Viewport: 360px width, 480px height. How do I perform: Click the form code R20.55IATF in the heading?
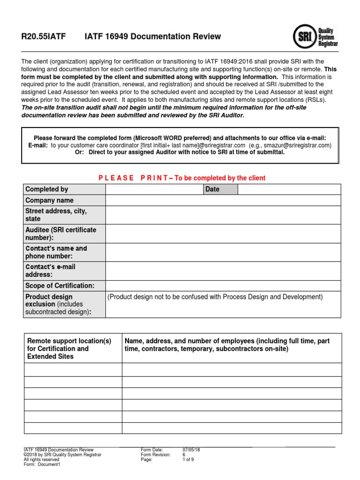(x=44, y=37)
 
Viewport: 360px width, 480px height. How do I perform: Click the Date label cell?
(x=220, y=189)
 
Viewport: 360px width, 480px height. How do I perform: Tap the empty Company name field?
(x=223, y=201)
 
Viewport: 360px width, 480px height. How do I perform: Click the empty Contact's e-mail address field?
(x=223, y=270)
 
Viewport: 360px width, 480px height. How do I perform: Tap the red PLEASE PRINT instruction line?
(x=182, y=178)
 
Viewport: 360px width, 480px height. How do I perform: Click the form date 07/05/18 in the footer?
(x=191, y=450)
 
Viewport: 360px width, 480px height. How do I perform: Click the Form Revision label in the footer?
(x=156, y=455)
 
